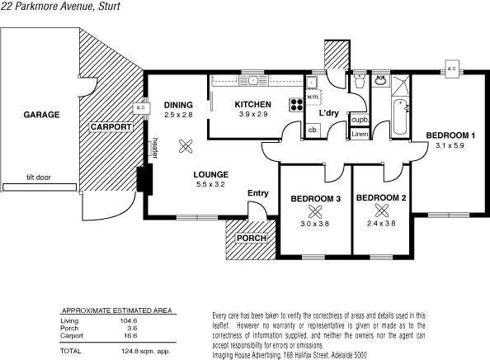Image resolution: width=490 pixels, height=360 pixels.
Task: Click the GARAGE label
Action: click(40, 114)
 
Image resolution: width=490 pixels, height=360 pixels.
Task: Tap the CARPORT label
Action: click(111, 127)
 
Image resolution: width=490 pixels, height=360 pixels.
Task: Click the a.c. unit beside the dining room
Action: click(140, 108)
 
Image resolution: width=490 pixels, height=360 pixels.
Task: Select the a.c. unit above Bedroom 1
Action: click(452, 68)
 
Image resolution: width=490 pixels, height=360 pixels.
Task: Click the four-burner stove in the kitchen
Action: click(295, 105)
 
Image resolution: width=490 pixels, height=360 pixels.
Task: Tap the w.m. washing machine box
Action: click(313, 97)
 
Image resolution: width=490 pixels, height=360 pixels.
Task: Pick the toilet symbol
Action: click(359, 83)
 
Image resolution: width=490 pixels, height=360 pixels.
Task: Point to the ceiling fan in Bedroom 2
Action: click(381, 211)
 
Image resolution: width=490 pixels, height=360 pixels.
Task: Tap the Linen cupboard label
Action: click(360, 133)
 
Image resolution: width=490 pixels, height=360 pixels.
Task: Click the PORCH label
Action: click(252, 239)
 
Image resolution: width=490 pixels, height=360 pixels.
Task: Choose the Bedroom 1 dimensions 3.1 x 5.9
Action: click(450, 146)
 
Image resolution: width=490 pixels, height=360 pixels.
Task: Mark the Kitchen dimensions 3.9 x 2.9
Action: click(252, 114)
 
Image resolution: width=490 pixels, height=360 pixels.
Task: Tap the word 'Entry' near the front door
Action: click(258, 193)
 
